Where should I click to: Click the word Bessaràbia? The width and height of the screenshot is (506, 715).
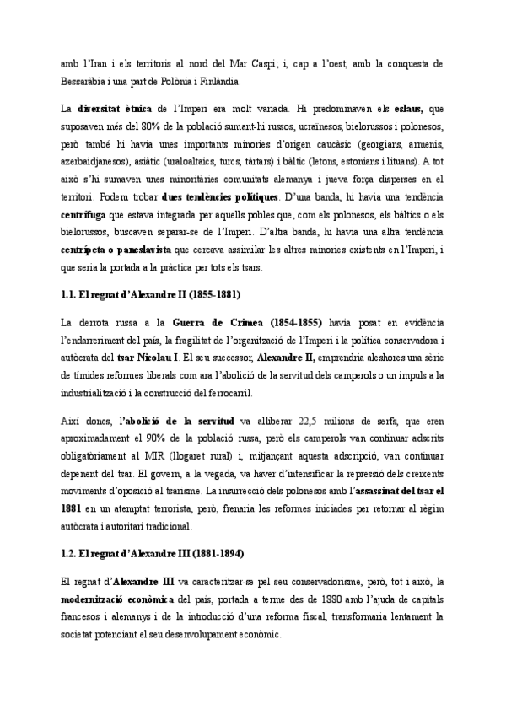tap(86, 82)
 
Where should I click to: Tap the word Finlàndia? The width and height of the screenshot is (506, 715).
tap(218, 82)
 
